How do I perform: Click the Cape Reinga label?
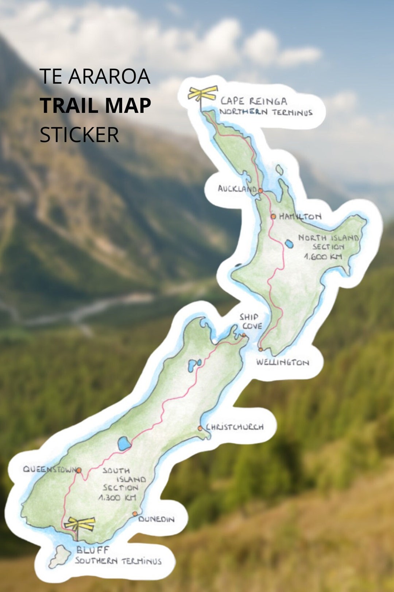(254, 101)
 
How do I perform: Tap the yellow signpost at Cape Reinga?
(202, 93)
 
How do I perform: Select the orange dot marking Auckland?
(260, 190)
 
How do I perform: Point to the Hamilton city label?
(300, 216)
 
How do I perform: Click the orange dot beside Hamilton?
(273, 216)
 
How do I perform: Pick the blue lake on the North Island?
(289, 243)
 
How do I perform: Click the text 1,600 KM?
(323, 257)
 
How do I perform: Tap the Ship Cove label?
(251, 321)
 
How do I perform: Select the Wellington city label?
(282, 362)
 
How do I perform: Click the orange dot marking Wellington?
(260, 349)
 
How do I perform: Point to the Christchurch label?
(235, 427)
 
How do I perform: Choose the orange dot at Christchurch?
(200, 428)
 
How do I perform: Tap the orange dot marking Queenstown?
(79, 470)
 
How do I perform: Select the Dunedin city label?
(157, 519)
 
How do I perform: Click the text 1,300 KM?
(117, 497)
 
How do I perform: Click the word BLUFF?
(93, 550)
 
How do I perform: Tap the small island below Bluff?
(59, 557)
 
